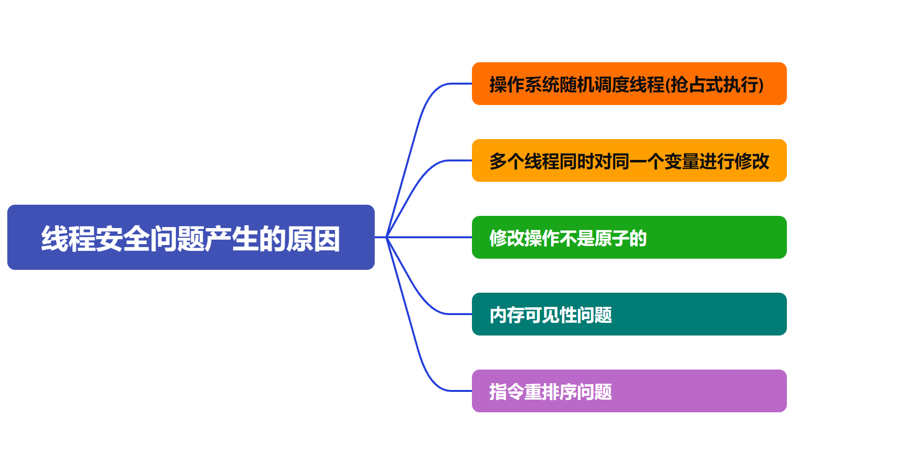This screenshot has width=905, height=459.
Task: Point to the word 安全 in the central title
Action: pyautogui.click(x=122, y=238)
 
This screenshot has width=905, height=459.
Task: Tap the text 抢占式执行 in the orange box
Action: pyautogui.click(x=714, y=85)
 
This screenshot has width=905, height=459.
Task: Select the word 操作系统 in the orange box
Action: pyautogui.click(x=524, y=85)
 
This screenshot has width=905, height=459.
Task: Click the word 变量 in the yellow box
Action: pyautogui.click(x=681, y=161)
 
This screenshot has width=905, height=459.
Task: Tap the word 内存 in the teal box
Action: pyautogui.click(x=507, y=315)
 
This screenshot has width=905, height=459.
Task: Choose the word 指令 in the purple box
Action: pyautogui.click(x=507, y=392)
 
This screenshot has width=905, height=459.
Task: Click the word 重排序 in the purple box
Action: pyautogui.click(x=551, y=392)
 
